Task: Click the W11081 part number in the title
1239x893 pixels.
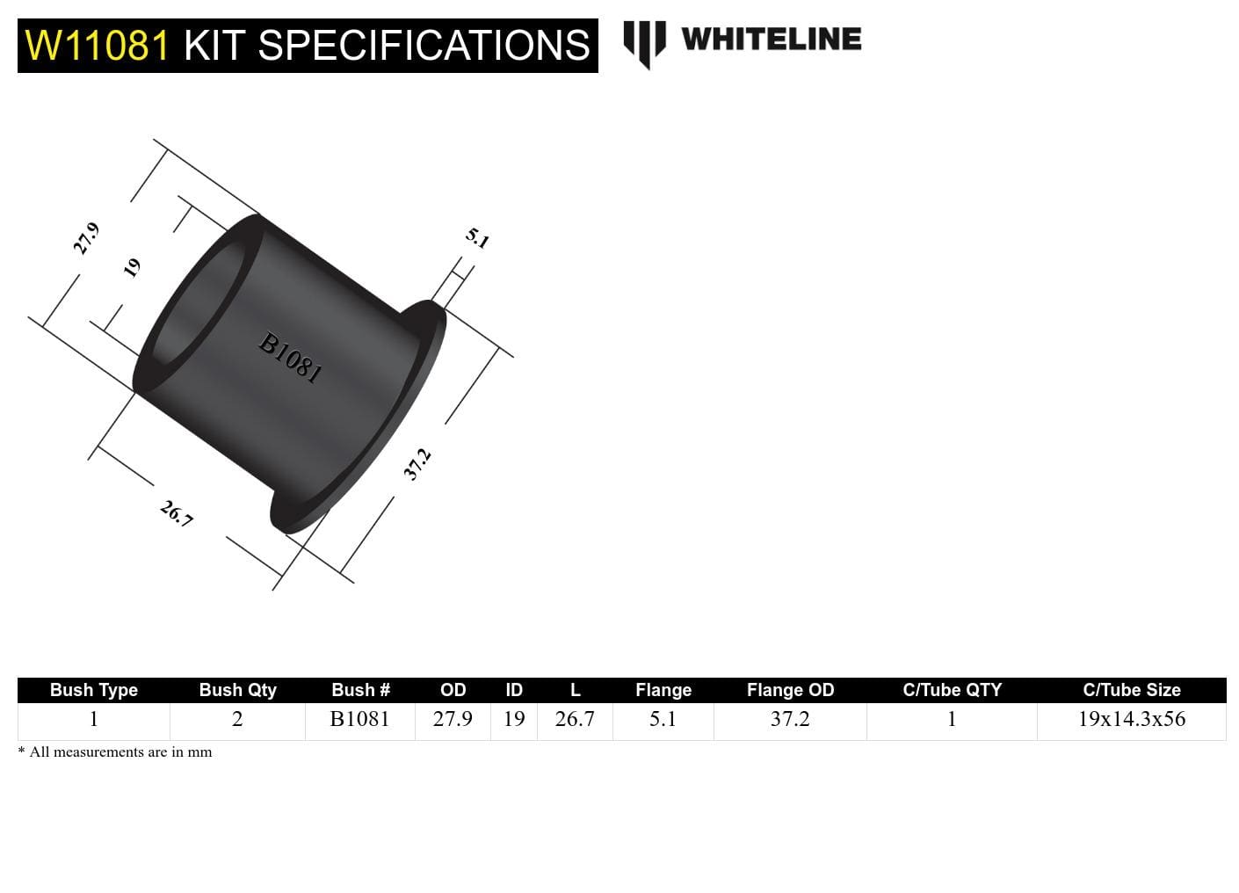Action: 97,46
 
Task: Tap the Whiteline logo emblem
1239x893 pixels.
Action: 644,42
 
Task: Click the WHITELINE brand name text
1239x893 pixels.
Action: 771,40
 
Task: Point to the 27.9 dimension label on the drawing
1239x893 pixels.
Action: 85,238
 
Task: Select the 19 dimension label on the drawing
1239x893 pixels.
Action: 132,267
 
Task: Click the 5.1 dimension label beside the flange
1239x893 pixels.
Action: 477,238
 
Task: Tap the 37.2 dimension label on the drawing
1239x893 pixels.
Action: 417,464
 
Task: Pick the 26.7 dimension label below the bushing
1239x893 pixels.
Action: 177,513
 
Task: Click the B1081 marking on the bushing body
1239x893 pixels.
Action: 290,357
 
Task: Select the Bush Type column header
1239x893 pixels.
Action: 93,690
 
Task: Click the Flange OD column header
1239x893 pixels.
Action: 790,690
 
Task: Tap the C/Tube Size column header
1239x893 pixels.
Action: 1131,690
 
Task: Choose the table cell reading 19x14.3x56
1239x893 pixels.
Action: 1131,719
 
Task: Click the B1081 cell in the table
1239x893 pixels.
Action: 359,719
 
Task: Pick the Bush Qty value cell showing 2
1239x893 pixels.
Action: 237,719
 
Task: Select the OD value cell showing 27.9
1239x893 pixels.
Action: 453,719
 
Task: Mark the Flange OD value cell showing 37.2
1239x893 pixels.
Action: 790,719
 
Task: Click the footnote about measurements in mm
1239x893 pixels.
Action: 115,752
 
